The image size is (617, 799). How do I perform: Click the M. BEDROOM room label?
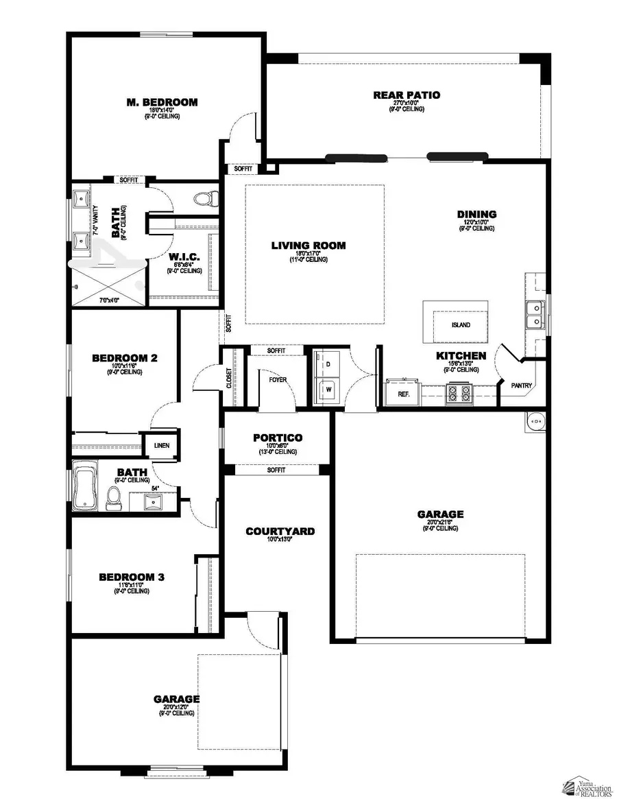click(x=162, y=102)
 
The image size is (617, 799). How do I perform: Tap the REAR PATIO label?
click(x=407, y=95)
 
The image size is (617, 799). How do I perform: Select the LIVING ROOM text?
click(x=308, y=246)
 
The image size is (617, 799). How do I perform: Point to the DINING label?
click(x=476, y=215)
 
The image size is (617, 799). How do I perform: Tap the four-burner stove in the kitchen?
click(x=459, y=394)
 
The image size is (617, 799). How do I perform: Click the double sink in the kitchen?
click(x=535, y=315)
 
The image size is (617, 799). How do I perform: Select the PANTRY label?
click(x=522, y=386)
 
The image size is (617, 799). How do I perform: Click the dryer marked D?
click(x=328, y=363)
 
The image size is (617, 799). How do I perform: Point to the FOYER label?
click(x=278, y=379)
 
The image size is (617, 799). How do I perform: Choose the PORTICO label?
click(x=277, y=438)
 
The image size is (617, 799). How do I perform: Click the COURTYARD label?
click(x=280, y=531)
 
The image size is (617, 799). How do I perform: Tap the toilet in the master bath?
click(x=203, y=200)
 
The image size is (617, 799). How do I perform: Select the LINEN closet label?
click(x=162, y=446)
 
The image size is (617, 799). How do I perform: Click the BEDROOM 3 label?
click(x=132, y=577)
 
